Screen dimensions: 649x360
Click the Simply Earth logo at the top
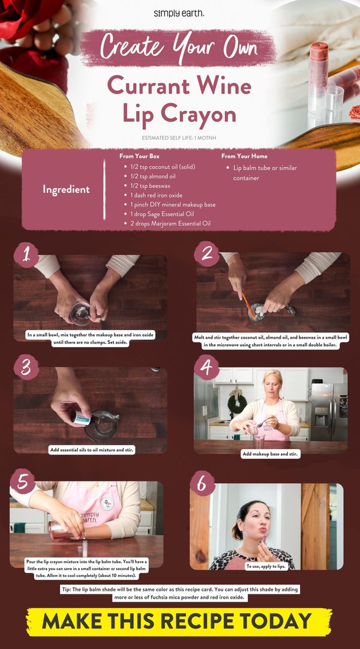178,13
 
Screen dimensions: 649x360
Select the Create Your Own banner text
178,46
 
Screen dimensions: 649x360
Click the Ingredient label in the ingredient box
66,189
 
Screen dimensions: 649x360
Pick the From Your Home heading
244,156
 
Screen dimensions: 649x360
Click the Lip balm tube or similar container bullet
265,173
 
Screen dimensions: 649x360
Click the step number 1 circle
26,255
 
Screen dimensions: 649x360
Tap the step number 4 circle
206,366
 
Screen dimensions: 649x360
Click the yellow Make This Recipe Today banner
179,621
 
